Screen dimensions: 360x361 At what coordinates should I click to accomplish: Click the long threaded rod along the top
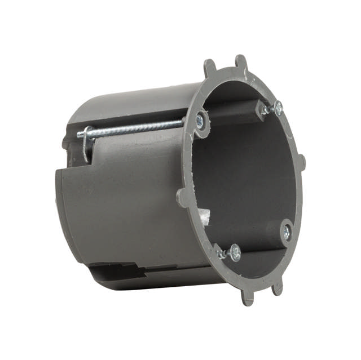(x=135, y=128)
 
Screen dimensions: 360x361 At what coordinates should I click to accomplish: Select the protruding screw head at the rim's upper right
(x=278, y=108)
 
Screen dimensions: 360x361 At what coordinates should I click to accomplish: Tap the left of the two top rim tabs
(x=210, y=68)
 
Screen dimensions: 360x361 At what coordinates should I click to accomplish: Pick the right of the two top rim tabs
(x=241, y=63)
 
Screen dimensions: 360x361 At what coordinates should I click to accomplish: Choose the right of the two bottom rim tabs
(x=276, y=287)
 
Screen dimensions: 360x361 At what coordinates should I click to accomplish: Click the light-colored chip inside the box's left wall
(x=205, y=216)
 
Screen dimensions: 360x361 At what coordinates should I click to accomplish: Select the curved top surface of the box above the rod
(x=130, y=104)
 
